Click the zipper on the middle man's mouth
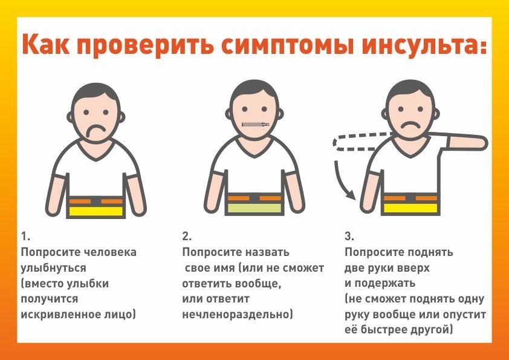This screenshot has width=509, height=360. [256, 124]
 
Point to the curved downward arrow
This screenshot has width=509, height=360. [343, 182]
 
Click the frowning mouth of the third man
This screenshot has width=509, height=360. [410, 125]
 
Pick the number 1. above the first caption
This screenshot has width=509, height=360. [25, 236]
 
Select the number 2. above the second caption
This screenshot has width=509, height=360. [187, 236]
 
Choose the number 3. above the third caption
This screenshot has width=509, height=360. [349, 236]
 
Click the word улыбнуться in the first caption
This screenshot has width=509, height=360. [54, 268]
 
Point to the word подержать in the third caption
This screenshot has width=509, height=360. [384, 283]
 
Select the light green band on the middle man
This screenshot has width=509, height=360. [255, 208]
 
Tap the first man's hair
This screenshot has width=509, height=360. [96, 92]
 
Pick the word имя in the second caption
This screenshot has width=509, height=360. [224, 268]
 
